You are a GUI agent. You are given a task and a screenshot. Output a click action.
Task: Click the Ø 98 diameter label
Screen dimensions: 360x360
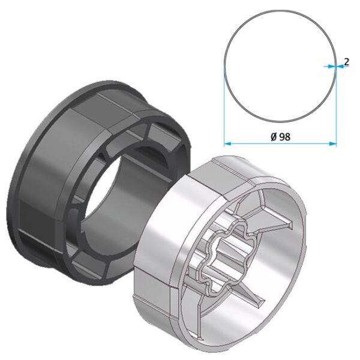point(280,137)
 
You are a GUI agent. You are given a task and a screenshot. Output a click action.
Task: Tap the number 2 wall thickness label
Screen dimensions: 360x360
point(346,62)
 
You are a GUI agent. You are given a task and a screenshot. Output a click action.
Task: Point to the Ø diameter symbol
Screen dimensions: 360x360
point(274,137)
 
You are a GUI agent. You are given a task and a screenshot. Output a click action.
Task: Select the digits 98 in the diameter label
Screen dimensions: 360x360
point(285,137)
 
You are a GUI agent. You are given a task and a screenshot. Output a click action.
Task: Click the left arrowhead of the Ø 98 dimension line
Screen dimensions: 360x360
point(227,144)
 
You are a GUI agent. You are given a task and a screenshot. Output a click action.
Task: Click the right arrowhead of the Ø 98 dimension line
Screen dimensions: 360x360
point(333,144)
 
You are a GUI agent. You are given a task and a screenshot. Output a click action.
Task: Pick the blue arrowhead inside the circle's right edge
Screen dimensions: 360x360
point(332,67)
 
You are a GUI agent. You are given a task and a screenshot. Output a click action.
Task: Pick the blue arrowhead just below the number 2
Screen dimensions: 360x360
point(340,67)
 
